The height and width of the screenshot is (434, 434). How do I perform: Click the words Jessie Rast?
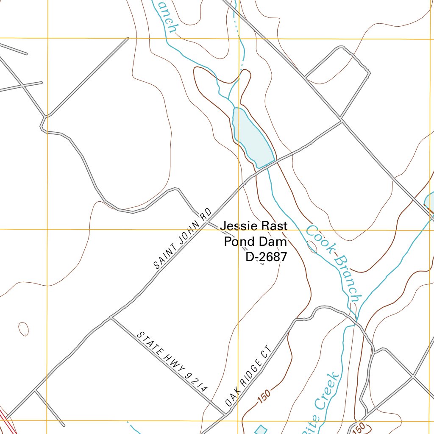[253, 226]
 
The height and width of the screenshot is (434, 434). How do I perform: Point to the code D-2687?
[266, 256]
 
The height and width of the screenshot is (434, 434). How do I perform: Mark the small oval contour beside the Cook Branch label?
[312, 246]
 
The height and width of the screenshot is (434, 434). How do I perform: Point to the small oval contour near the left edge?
[24, 329]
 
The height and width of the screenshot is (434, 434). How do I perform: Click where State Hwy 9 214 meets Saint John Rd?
[111, 317]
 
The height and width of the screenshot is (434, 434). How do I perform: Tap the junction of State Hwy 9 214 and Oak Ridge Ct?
[224, 413]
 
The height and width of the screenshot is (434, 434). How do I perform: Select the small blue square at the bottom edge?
[261, 430]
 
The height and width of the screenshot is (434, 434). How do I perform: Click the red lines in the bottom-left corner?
[6, 422]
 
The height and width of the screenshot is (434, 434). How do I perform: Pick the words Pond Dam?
[255, 242]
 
